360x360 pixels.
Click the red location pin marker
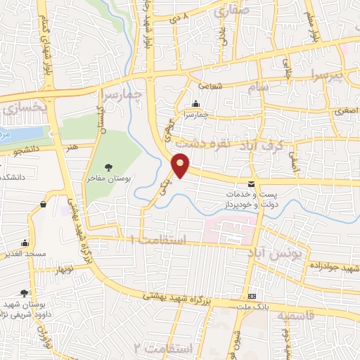[x=181, y=165]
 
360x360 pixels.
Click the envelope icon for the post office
[x=252, y=184]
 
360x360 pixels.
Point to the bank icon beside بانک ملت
[x=252, y=296]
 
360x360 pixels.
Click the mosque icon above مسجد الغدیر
[x=25, y=243]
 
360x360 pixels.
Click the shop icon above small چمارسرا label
[x=195, y=104]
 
